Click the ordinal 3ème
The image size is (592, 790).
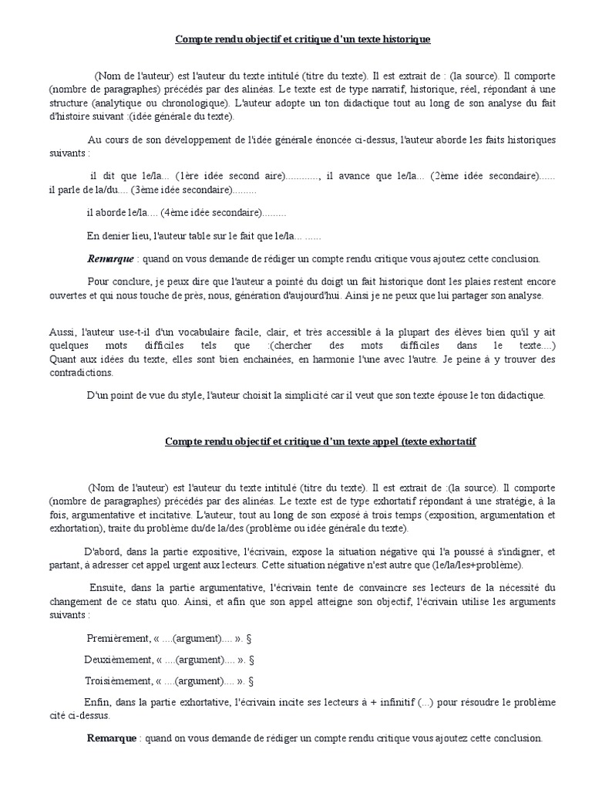(x=145, y=189)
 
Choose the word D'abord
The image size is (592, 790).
(x=99, y=552)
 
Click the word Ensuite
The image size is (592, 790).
(x=109, y=589)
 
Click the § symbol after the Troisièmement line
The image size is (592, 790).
(x=253, y=681)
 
